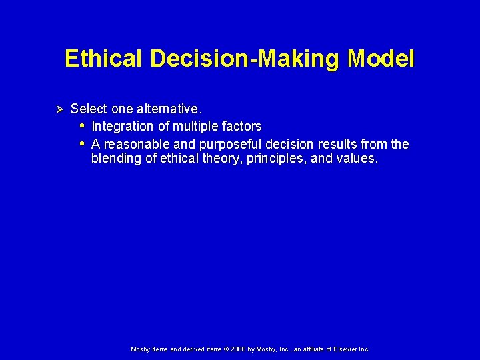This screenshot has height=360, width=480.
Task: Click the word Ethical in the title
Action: (x=104, y=59)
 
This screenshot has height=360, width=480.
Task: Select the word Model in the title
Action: (x=381, y=59)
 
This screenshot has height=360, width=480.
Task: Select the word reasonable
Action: (x=136, y=144)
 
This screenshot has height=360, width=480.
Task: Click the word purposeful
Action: (x=230, y=145)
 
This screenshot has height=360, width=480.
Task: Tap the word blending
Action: (x=115, y=159)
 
